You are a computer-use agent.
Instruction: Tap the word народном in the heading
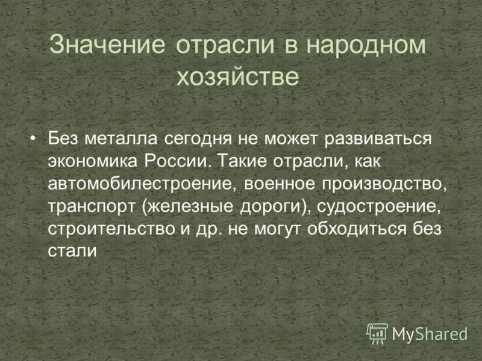click(367, 46)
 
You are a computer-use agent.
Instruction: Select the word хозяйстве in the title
click(237, 77)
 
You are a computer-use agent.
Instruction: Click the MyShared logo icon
click(377, 332)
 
